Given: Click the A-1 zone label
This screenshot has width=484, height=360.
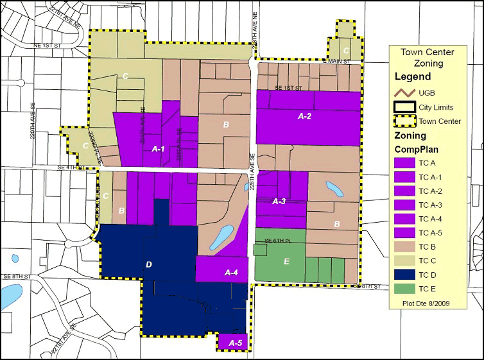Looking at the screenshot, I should pyautogui.click(x=158, y=149).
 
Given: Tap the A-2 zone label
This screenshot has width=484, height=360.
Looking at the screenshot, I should pyautogui.click(x=304, y=116).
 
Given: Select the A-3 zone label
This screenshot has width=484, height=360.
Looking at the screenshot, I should pyautogui.click(x=279, y=201).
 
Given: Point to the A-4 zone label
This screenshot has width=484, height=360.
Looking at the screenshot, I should pyautogui.click(x=232, y=273).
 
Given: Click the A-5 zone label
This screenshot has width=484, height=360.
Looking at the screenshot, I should pyautogui.click(x=234, y=344).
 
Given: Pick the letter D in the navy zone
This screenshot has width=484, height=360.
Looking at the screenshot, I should pyautogui.click(x=149, y=264).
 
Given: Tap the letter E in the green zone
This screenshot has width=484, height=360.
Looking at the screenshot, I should pyautogui.click(x=286, y=261).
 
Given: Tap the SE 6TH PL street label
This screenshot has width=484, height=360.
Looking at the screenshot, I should pyautogui.click(x=279, y=241).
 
